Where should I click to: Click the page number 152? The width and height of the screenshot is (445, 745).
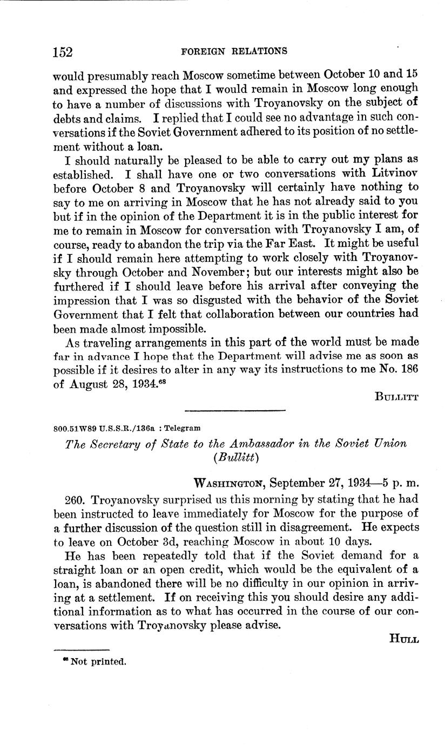tap(63, 52)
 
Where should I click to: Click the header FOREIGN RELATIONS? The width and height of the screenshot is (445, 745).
tap(234, 51)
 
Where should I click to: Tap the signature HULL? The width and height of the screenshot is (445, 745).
tap(404, 638)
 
